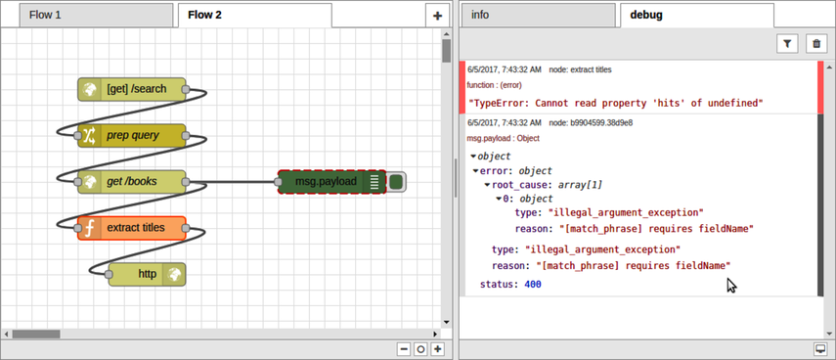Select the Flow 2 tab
[205, 15]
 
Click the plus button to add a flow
[437, 16]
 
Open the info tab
[480, 15]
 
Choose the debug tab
[645, 15]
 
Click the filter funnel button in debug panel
[788, 43]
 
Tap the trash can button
[814, 43]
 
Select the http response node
[147, 274]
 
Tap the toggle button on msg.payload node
[396, 181]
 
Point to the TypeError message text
[615, 102]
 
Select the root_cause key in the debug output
[518, 184]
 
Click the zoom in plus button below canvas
[437, 349]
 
